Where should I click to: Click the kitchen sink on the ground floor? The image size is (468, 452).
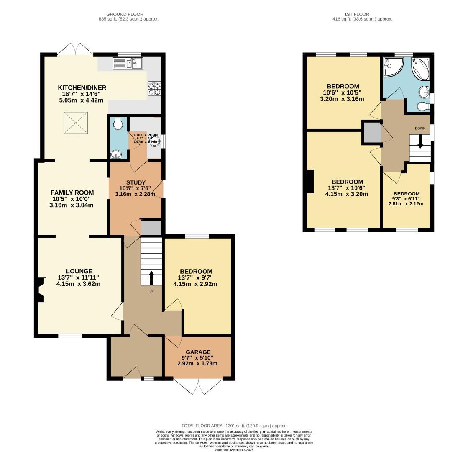(128, 63)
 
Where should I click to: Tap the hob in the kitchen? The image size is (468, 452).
(152, 88)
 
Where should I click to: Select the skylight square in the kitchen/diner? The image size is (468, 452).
(76, 123)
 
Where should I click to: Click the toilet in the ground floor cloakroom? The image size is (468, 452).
(118, 123)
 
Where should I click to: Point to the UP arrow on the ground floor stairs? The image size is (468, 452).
(151, 277)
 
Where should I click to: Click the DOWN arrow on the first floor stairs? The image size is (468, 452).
(420, 147)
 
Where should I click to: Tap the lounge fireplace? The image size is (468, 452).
(41, 290)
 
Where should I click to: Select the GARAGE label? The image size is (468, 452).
(198, 352)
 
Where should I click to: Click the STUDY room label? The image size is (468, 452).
(136, 182)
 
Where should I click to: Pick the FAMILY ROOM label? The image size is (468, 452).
(72, 193)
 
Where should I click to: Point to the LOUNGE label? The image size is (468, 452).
(79, 271)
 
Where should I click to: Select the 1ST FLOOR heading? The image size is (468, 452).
(345, 14)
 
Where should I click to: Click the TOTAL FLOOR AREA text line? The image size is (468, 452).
(234, 426)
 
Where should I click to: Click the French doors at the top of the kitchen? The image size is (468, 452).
(75, 49)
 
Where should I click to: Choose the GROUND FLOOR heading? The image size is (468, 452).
(123, 14)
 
